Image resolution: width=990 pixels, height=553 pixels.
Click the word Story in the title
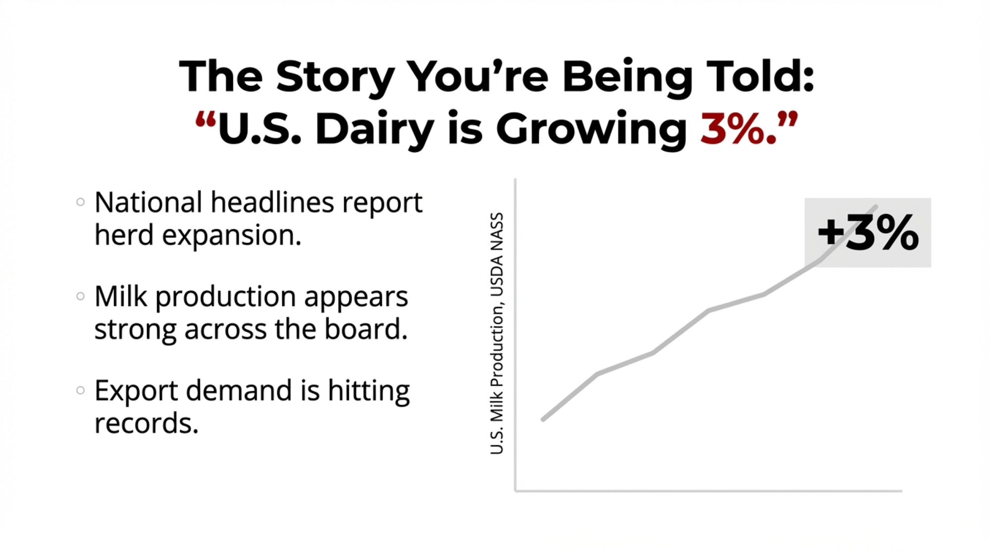coord(335,77)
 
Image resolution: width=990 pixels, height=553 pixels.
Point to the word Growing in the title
coord(591,130)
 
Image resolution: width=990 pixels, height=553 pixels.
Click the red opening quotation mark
coord(205,120)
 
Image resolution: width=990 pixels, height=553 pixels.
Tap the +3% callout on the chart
coord(868,232)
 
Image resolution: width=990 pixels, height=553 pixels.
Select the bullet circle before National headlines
coord(80,202)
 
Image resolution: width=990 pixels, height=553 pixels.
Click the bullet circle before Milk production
coord(80,296)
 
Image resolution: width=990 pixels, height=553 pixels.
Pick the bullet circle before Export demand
coord(80,390)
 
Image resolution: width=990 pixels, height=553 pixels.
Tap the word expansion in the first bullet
coord(232,236)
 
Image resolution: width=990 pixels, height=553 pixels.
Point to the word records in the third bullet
coord(147,424)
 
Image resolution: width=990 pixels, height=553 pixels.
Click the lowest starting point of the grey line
coord(544,420)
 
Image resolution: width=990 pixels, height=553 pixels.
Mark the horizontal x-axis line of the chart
coord(708,491)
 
